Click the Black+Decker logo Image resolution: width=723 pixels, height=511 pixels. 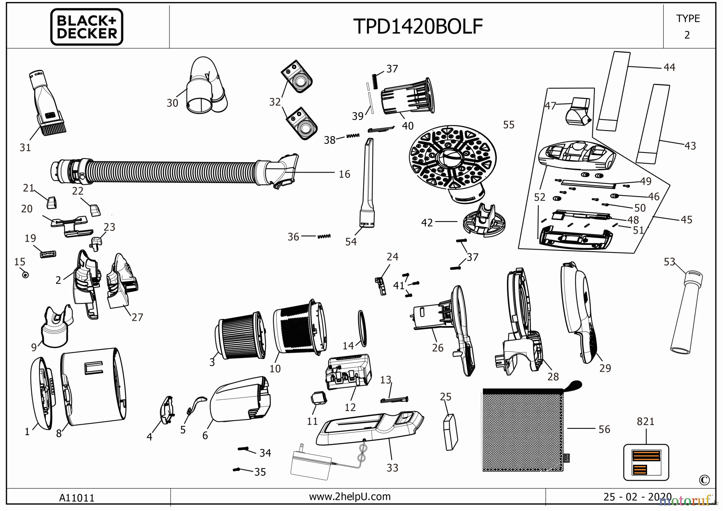click(x=86, y=27)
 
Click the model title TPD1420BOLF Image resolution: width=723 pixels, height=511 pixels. click(x=418, y=26)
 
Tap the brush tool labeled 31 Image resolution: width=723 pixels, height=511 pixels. click(x=47, y=104)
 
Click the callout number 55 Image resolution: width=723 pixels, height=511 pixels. click(x=509, y=125)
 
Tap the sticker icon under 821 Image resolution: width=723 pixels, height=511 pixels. click(x=646, y=462)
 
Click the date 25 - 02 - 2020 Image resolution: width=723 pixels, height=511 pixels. click(x=637, y=497)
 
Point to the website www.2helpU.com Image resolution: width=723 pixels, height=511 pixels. click(x=349, y=497)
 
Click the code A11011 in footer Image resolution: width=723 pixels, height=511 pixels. click(x=77, y=498)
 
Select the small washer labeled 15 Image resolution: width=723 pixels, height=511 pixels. click(x=25, y=275)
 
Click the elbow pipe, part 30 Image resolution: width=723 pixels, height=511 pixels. click(x=205, y=86)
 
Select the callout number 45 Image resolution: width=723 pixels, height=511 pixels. click(x=686, y=220)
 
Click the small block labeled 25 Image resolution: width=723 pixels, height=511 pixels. click(x=450, y=432)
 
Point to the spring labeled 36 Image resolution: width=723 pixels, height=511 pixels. click(x=324, y=236)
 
